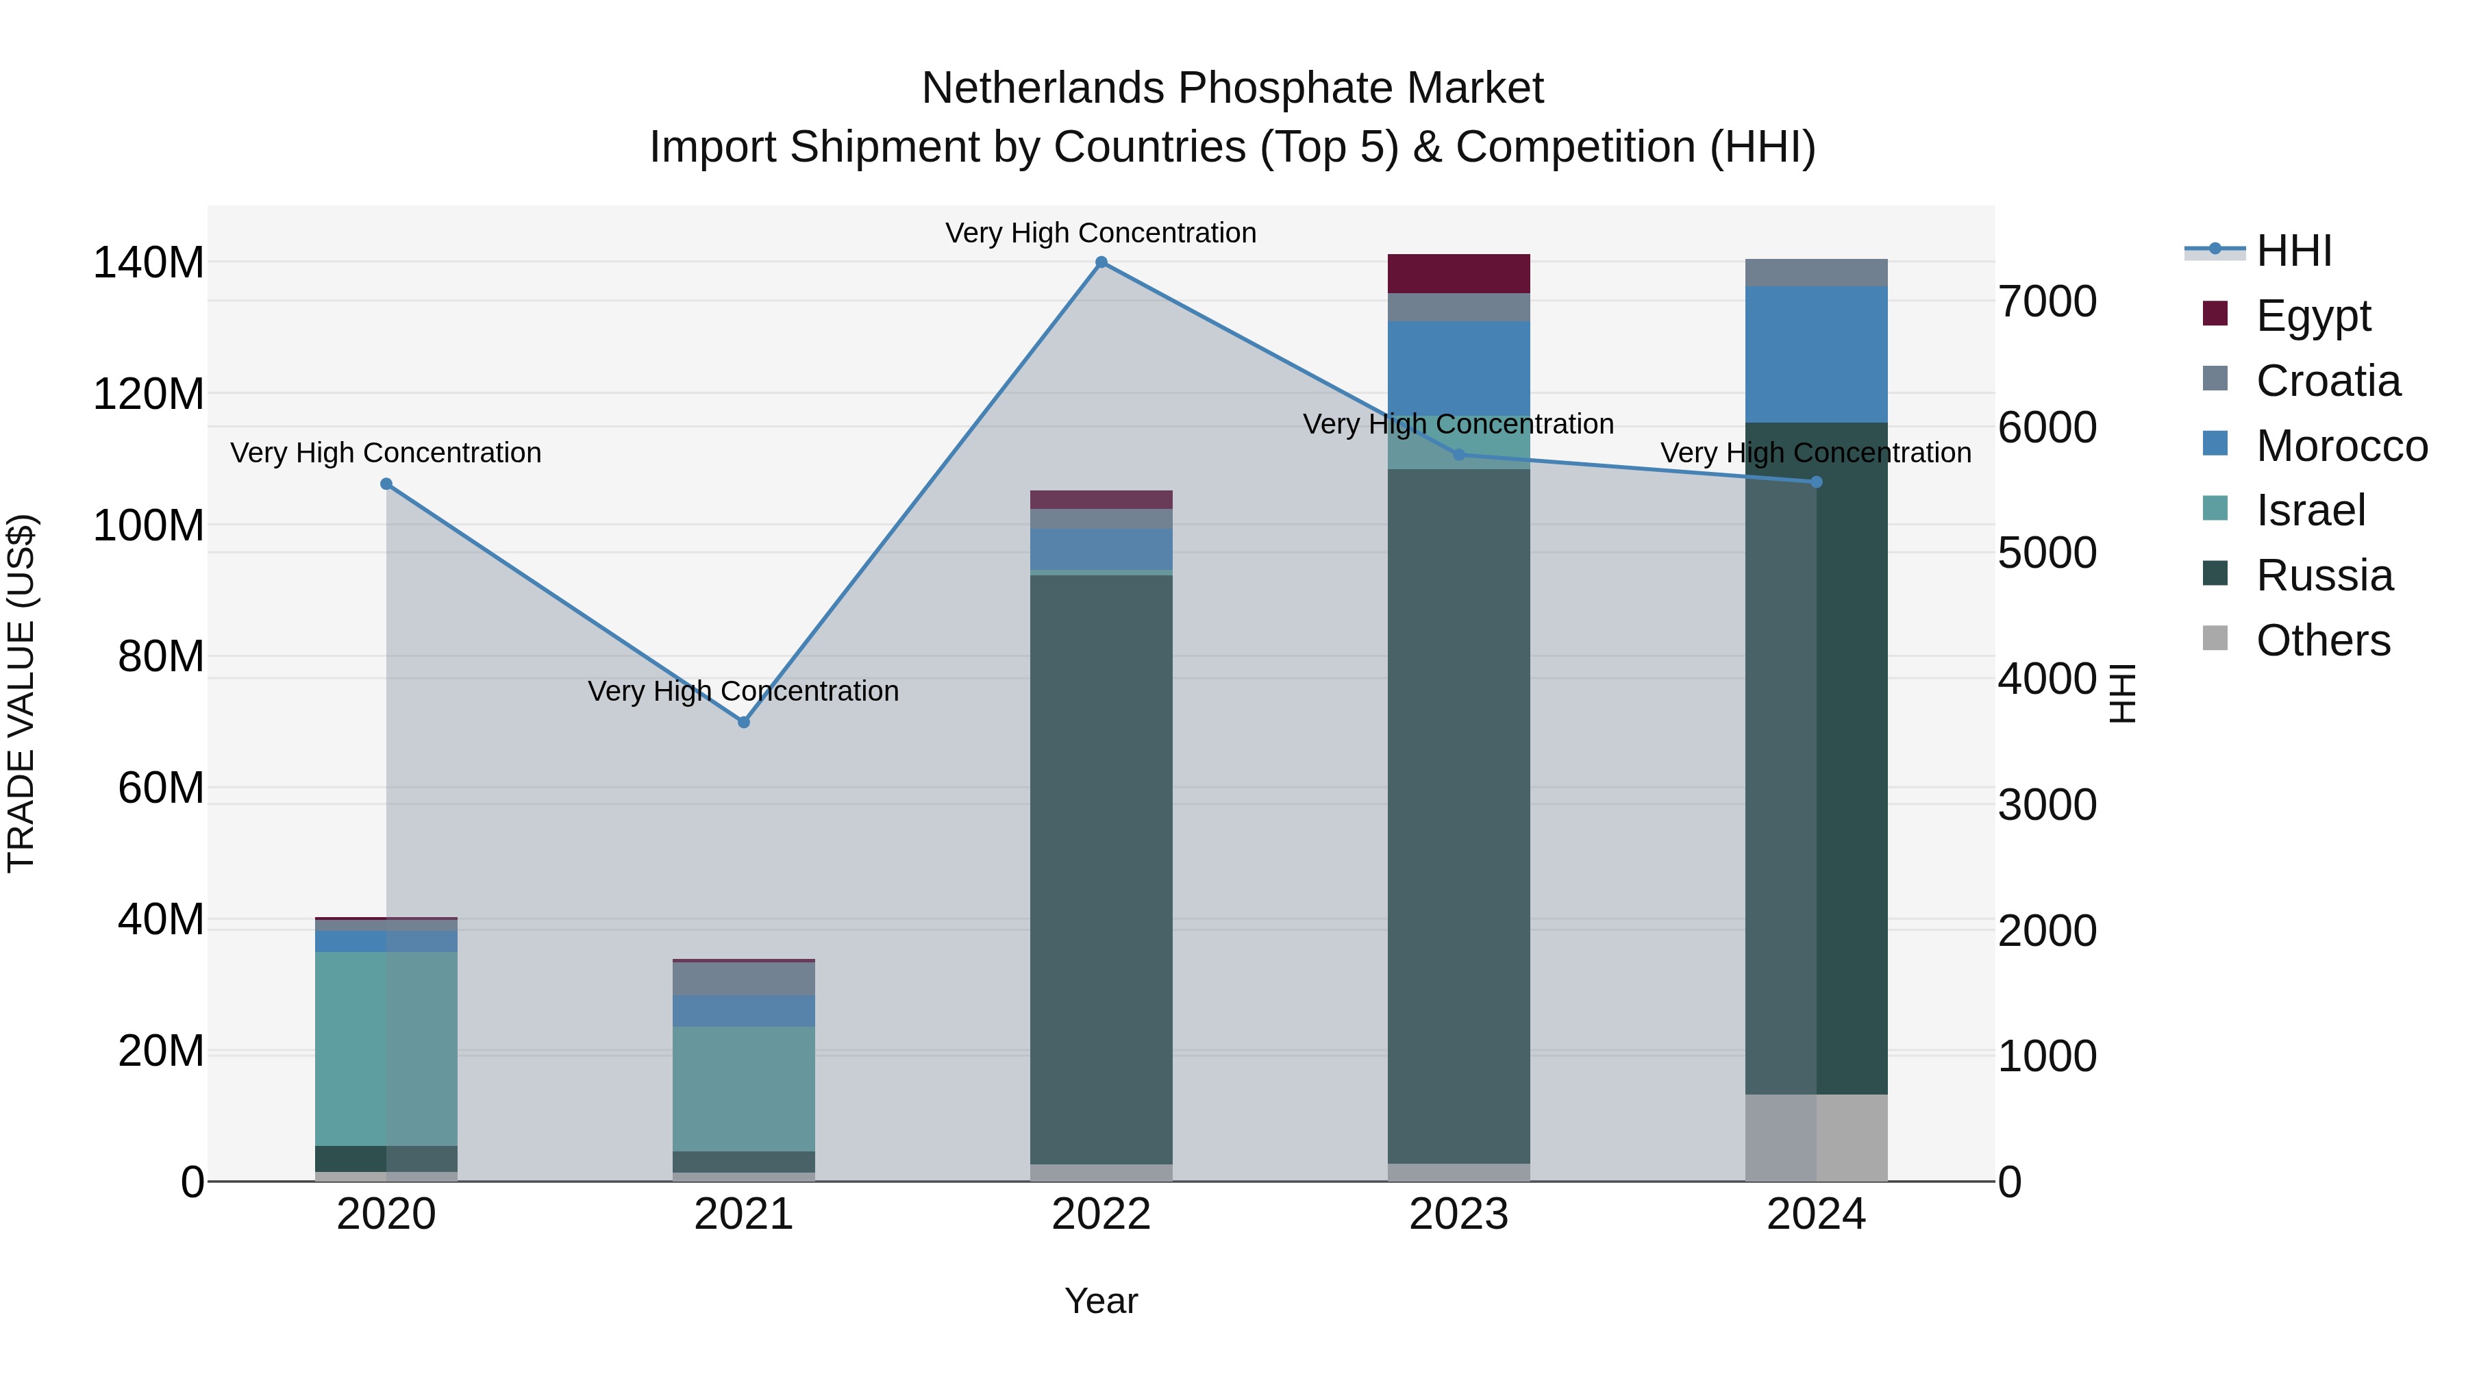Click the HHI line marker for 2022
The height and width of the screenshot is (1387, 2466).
point(1101,262)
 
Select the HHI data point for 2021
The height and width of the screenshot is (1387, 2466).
point(744,722)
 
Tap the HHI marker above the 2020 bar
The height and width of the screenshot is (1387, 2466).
point(387,484)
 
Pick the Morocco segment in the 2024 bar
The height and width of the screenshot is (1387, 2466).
point(1816,354)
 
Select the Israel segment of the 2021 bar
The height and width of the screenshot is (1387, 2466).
point(744,1088)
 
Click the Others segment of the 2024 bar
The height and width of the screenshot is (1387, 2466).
point(1816,1137)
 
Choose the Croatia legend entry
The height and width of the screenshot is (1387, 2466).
point(2327,381)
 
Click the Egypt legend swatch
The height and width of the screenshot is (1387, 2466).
point(2215,314)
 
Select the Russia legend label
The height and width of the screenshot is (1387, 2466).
point(2324,575)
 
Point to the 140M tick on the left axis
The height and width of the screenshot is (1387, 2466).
point(149,263)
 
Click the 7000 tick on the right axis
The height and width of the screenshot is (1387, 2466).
point(2047,301)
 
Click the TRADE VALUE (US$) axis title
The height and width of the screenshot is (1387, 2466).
point(22,693)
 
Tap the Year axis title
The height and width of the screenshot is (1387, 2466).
point(1101,1301)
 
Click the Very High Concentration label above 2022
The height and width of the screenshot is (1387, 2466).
point(1101,233)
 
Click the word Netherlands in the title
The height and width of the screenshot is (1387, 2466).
point(1043,88)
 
